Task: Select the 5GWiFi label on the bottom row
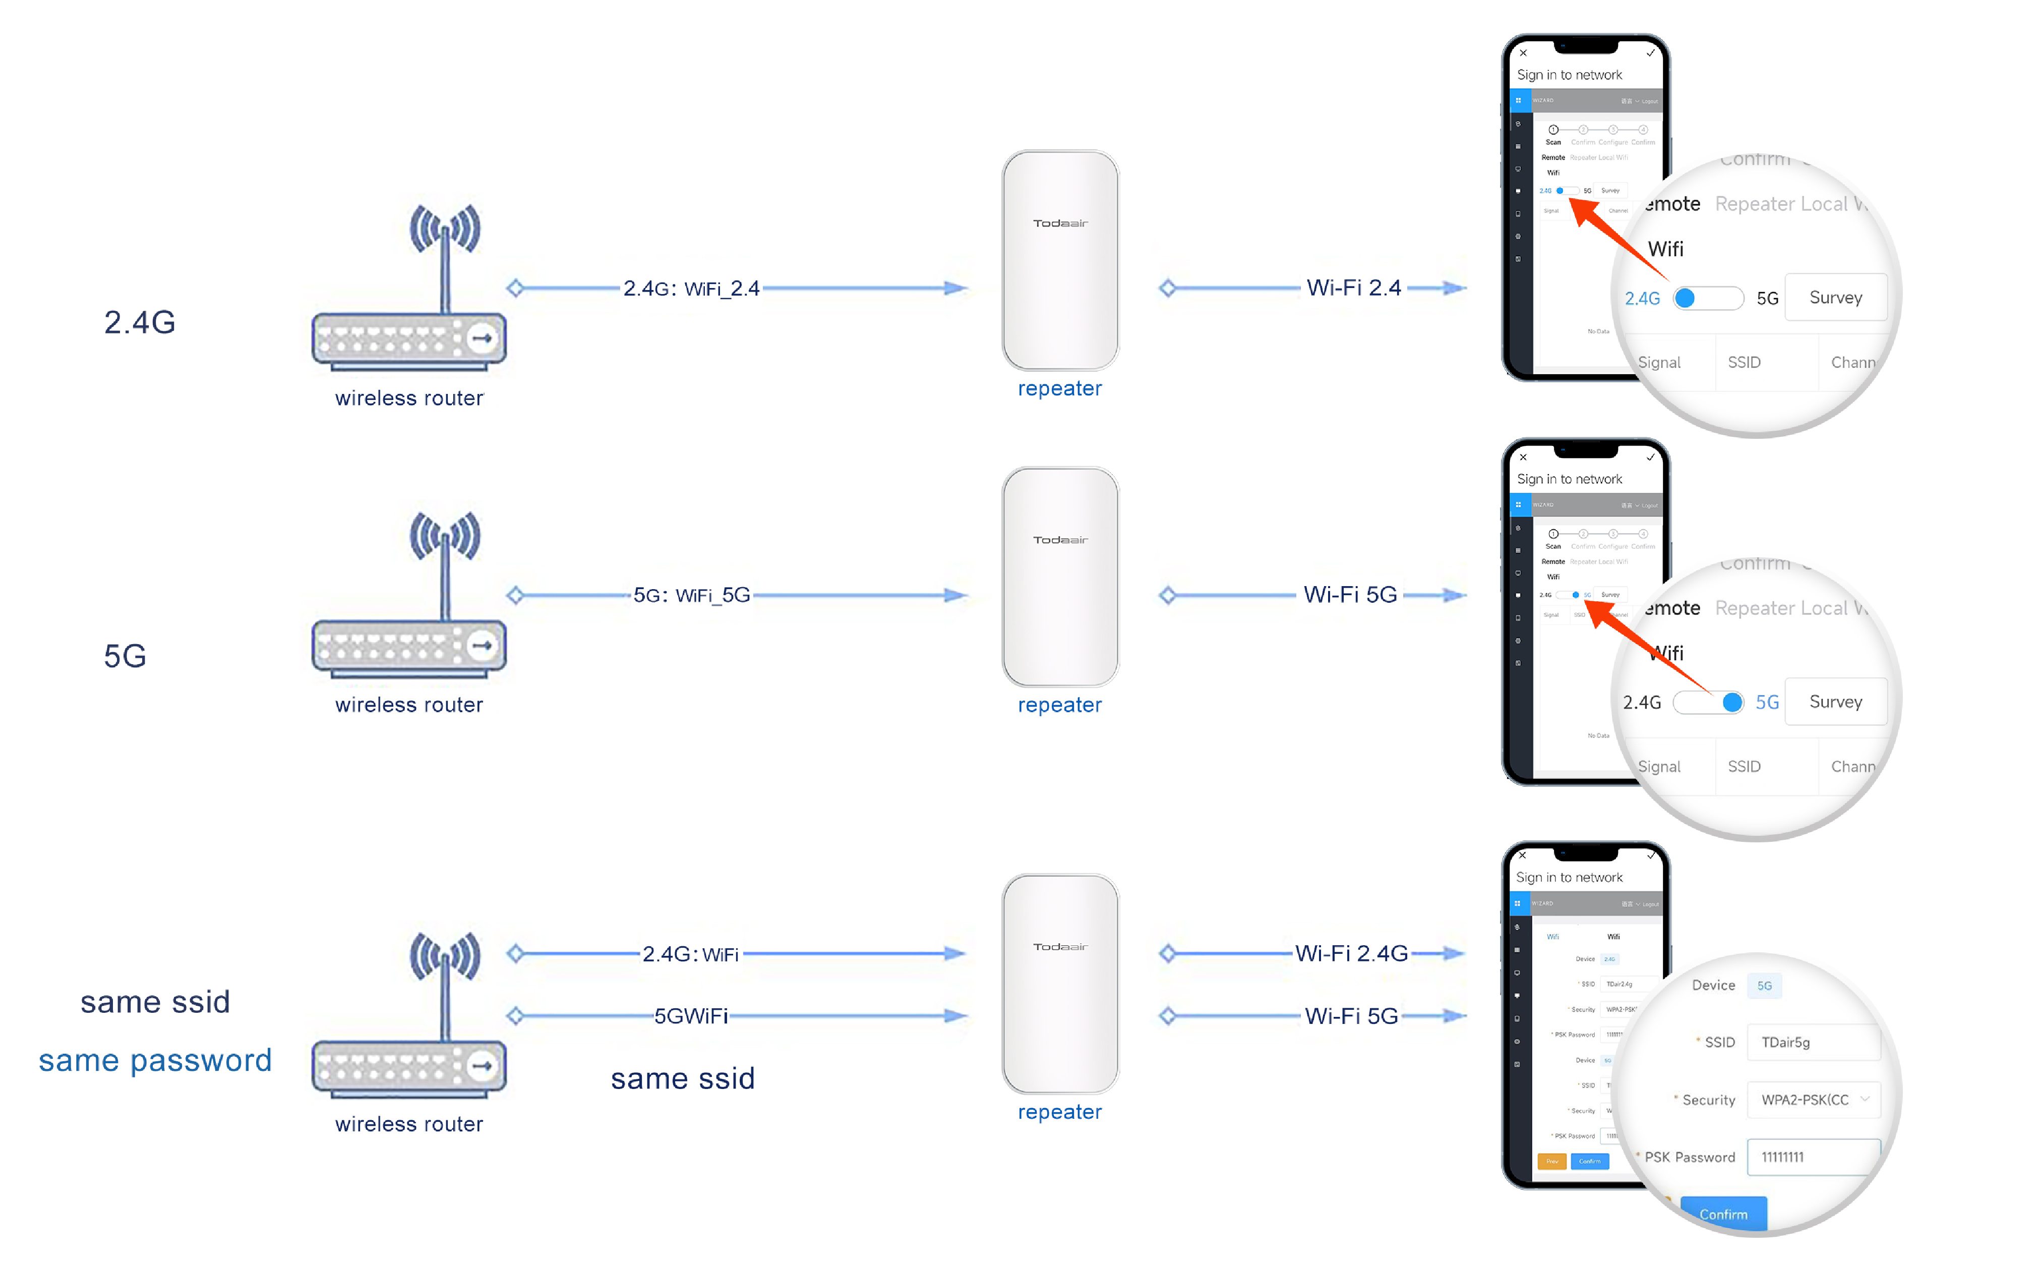coord(690,1016)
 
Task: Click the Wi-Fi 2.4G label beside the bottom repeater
coord(1351,953)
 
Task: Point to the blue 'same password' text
coord(155,1060)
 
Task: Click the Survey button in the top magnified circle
coord(1835,298)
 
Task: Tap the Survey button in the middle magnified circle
coord(1835,702)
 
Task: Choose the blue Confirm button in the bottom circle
coord(1723,1214)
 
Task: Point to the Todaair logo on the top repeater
coord(1060,223)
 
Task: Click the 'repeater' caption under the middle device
coord(1059,706)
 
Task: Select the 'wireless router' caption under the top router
coord(408,398)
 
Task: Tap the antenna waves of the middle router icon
coord(445,536)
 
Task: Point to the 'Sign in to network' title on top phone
coord(1569,75)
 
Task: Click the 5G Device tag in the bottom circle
coord(1764,986)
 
